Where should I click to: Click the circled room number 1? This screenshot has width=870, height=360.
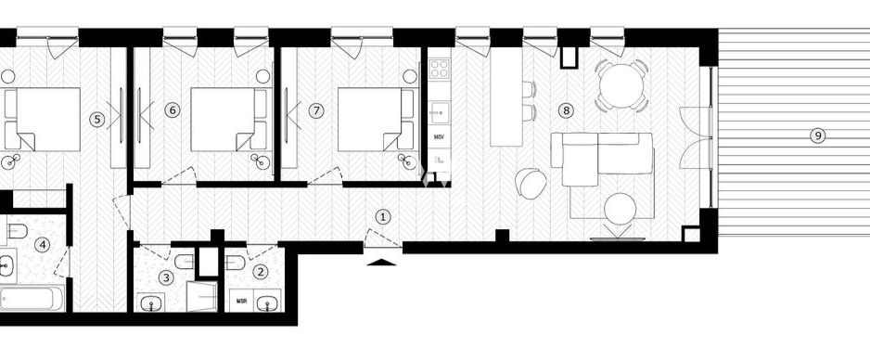point(383,216)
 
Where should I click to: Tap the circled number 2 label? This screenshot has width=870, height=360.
point(261,272)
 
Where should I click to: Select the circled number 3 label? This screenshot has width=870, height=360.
point(166,276)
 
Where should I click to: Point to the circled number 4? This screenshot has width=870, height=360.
point(42,245)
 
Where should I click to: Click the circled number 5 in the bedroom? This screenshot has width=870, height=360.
point(96,119)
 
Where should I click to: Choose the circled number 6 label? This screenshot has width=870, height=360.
point(172,110)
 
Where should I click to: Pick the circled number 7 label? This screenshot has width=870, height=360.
point(316,110)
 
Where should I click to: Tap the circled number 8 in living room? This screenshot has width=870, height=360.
point(567,110)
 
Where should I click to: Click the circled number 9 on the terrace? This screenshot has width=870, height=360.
point(817,135)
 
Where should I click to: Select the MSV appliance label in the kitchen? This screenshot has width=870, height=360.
point(440,136)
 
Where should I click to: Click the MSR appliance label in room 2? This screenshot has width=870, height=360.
point(241,301)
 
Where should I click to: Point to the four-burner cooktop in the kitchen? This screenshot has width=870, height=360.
point(440,70)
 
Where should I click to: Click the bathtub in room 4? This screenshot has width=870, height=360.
point(32,300)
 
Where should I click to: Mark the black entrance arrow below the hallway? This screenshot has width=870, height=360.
point(381,262)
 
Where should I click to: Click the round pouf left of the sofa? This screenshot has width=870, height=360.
point(532,182)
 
